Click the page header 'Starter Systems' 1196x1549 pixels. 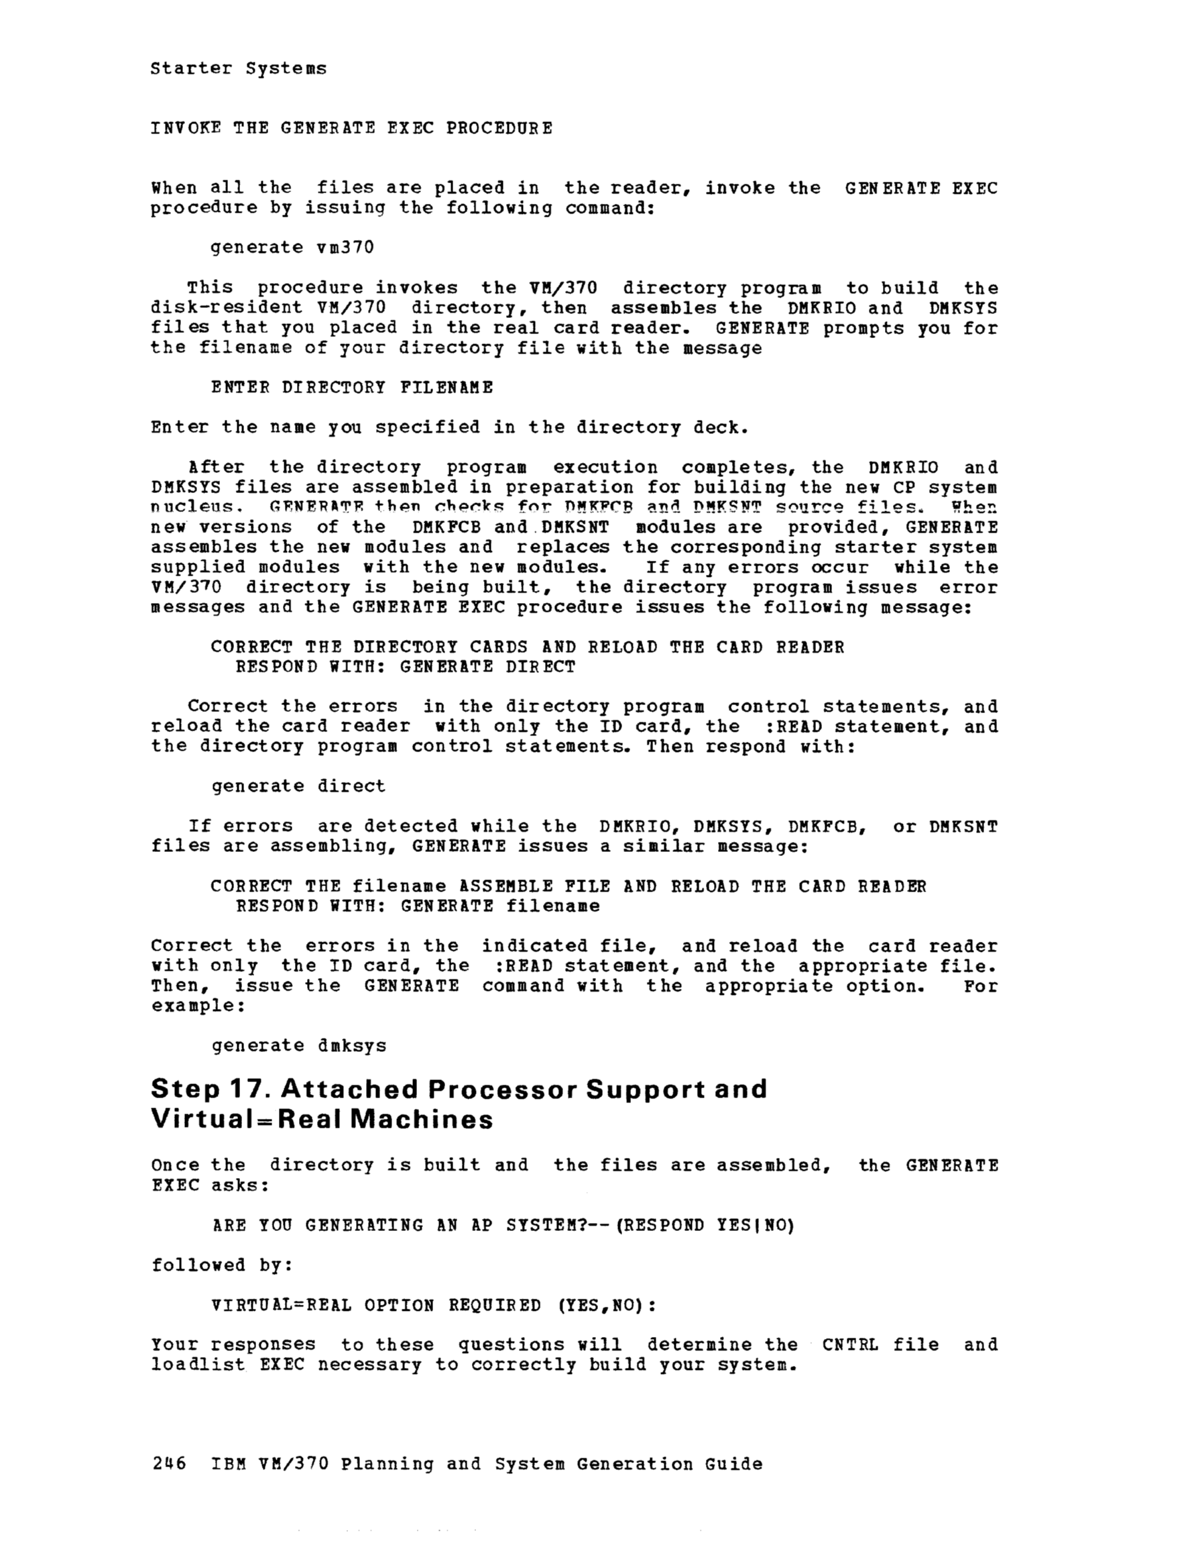tap(238, 69)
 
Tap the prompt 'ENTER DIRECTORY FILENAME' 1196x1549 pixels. tap(352, 387)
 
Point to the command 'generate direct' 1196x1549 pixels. tap(298, 786)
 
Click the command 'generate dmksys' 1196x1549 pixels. tap(298, 1045)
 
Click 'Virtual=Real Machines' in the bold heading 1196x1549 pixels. tap(322, 1119)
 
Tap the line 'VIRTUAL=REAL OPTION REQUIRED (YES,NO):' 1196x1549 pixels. tap(434, 1305)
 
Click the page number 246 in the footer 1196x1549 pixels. tap(169, 1463)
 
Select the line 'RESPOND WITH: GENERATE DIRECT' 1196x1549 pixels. tap(405, 667)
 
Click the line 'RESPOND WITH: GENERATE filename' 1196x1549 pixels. tap(417, 906)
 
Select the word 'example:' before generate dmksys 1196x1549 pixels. tap(198, 1006)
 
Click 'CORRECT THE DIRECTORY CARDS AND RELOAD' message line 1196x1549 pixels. tap(527, 647)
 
